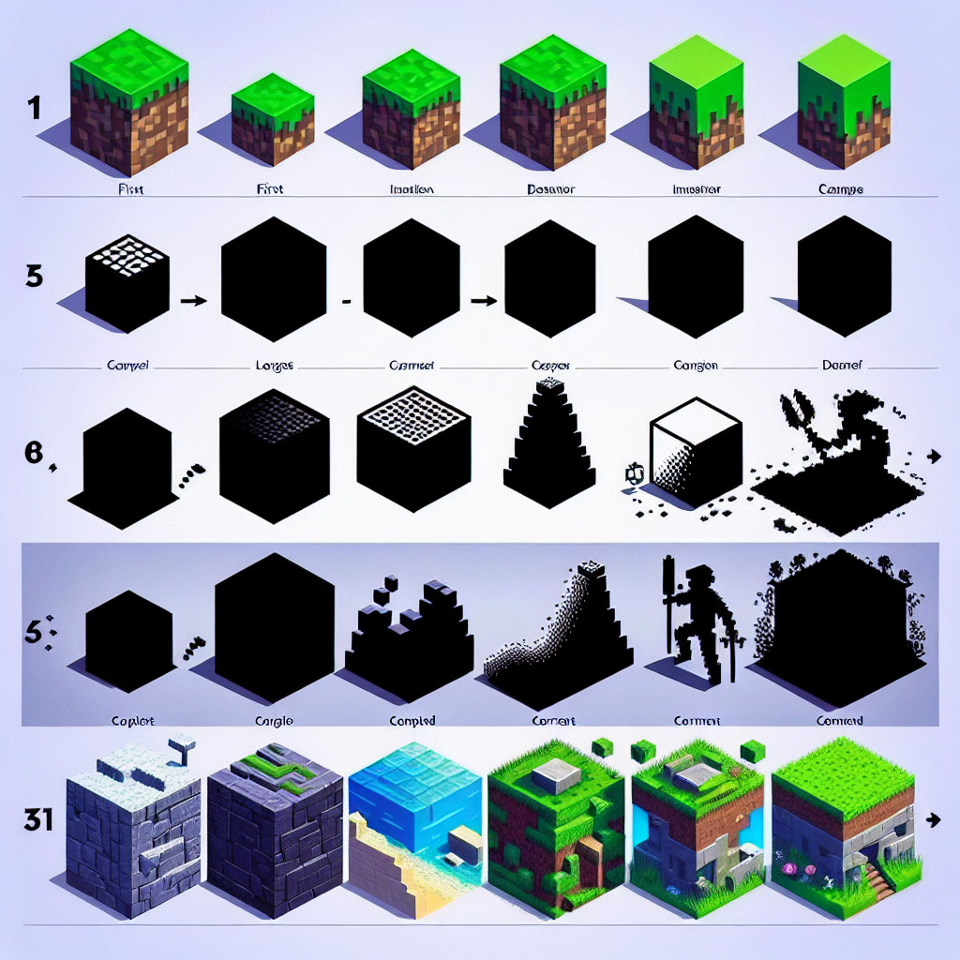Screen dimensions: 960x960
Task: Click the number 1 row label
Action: click(34, 109)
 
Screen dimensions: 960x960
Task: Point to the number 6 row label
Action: click(34, 453)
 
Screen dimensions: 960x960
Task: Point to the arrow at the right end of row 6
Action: click(932, 456)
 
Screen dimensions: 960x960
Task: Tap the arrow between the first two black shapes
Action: click(191, 300)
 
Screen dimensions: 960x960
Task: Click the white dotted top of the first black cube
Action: click(126, 253)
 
